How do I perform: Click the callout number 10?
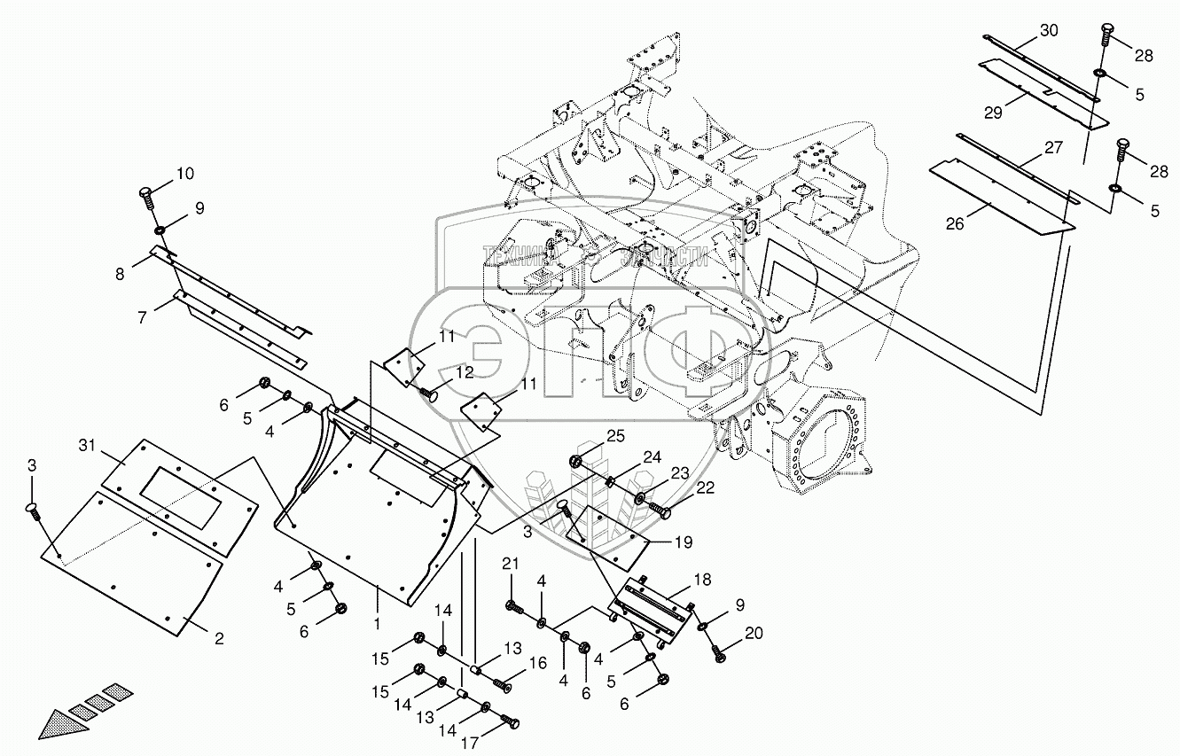[x=184, y=173]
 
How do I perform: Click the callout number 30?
[x=1049, y=30]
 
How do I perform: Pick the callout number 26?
[x=954, y=224]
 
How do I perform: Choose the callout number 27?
[x=1052, y=148]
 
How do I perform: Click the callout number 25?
[x=616, y=434]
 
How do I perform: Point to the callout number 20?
[x=754, y=633]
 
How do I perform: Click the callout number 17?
[x=469, y=743]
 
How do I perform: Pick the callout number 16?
[x=538, y=664]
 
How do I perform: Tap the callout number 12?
[x=465, y=372]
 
